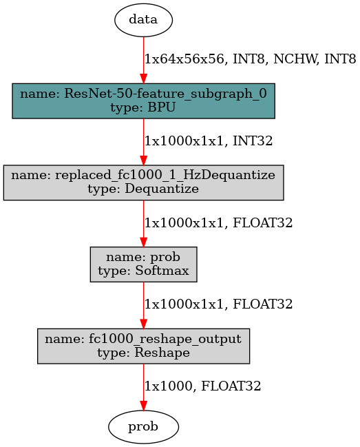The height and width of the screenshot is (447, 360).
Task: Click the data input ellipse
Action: click(x=144, y=20)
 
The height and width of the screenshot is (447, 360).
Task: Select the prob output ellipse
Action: click(x=144, y=427)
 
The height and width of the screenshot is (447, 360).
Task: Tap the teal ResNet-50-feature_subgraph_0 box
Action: click(x=144, y=101)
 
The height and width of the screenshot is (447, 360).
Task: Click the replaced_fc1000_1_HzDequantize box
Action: click(x=144, y=183)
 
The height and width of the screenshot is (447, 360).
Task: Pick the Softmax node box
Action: click(x=144, y=264)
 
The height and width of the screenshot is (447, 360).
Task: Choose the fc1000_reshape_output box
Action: click(x=144, y=346)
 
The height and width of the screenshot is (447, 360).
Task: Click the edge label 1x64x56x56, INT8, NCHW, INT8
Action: click(x=251, y=59)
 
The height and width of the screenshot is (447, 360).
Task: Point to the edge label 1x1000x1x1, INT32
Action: click(x=209, y=141)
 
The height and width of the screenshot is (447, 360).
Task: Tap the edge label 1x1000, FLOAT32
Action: click(x=203, y=386)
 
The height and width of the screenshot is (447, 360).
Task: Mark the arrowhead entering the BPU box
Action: click(x=144, y=79)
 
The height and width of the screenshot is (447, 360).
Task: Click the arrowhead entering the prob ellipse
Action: click(x=144, y=406)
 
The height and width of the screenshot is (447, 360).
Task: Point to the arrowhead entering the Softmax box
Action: click(x=144, y=242)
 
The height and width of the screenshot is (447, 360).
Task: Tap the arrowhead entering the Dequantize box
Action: click(x=144, y=160)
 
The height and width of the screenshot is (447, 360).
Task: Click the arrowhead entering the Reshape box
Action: click(x=144, y=324)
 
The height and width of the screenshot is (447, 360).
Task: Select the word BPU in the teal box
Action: click(x=161, y=107)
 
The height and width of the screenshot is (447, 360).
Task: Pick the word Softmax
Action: click(x=162, y=271)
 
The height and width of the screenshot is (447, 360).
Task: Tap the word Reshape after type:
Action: click(x=162, y=353)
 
